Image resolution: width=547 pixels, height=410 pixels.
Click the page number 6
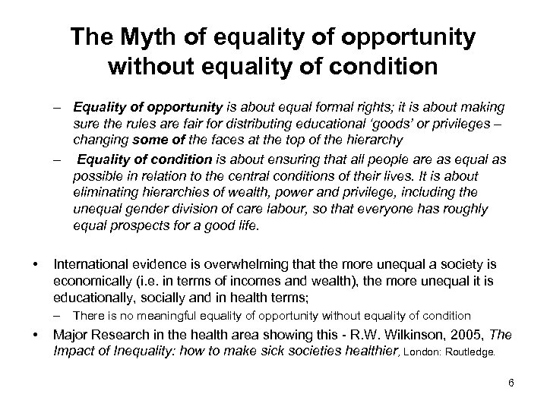click(x=511, y=383)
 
